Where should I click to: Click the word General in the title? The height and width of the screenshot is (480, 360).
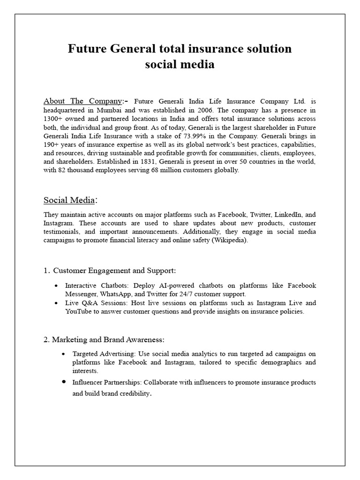(135, 49)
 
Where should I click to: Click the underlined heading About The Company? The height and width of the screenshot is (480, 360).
(83, 101)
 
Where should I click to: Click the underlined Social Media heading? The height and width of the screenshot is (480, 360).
(69, 200)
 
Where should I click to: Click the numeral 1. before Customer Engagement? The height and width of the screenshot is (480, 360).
(46, 270)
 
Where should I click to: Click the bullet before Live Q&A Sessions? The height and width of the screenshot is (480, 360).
(57, 303)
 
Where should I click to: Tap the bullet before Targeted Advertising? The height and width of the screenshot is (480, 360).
(64, 353)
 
